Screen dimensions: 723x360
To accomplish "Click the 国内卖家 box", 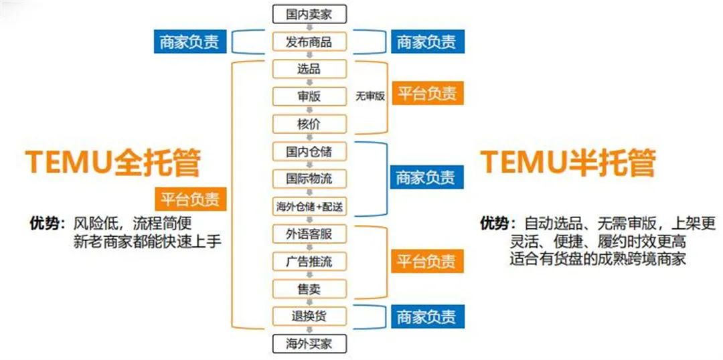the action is (x=309, y=14).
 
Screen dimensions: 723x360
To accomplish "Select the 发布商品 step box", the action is (x=309, y=42).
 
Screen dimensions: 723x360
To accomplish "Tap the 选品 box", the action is (x=309, y=69).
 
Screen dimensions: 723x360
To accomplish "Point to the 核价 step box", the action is (x=309, y=124).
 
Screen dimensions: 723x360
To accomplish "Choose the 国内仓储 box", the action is (x=309, y=152).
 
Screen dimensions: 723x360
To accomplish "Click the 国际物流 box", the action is (x=309, y=179).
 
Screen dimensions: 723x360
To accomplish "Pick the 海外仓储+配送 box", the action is (x=309, y=207).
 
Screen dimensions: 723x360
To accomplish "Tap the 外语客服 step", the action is (x=309, y=234).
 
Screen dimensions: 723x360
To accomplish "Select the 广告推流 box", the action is (x=309, y=262).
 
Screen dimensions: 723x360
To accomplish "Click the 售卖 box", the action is (x=309, y=289).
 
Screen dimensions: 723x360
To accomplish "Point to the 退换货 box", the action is (x=309, y=317).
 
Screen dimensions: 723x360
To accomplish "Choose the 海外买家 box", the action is (x=309, y=343).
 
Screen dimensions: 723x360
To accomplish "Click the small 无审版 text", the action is (x=370, y=96).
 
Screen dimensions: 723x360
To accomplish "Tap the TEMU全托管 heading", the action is (x=113, y=163).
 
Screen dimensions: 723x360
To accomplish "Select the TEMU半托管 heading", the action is (x=568, y=163).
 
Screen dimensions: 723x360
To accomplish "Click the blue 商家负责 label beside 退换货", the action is (x=427, y=317).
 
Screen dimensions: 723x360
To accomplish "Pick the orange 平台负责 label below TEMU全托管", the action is (x=190, y=199).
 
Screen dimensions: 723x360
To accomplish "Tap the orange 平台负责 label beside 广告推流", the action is (x=427, y=262).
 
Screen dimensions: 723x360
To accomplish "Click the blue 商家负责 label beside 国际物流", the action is (x=427, y=177).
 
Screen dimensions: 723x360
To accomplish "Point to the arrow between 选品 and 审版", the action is (x=309, y=83).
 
